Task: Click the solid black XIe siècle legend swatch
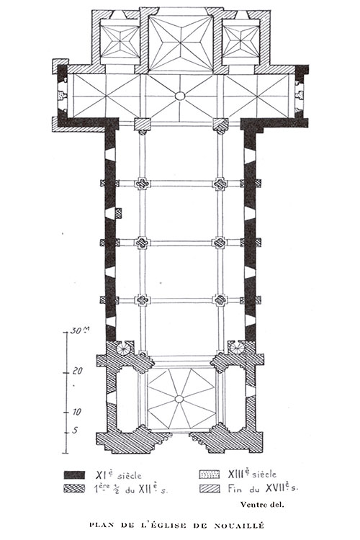[74, 475]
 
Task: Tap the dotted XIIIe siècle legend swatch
[210, 474]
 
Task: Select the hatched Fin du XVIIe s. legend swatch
[210, 488]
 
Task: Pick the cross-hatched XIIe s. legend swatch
[74, 489]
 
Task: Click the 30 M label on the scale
[80, 330]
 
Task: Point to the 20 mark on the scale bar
[78, 372]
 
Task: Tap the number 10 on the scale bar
[76, 412]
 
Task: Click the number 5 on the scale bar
[75, 431]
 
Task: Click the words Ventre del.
[262, 505]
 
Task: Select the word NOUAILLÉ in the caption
[240, 525]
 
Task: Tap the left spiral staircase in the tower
[123, 348]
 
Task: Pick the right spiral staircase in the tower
[238, 348]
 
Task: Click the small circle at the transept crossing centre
[180, 96]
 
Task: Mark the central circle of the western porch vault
[179, 399]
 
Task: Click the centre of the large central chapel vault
[181, 43]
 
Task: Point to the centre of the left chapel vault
[120, 42]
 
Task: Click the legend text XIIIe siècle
[252, 474]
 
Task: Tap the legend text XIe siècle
[118, 475]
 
